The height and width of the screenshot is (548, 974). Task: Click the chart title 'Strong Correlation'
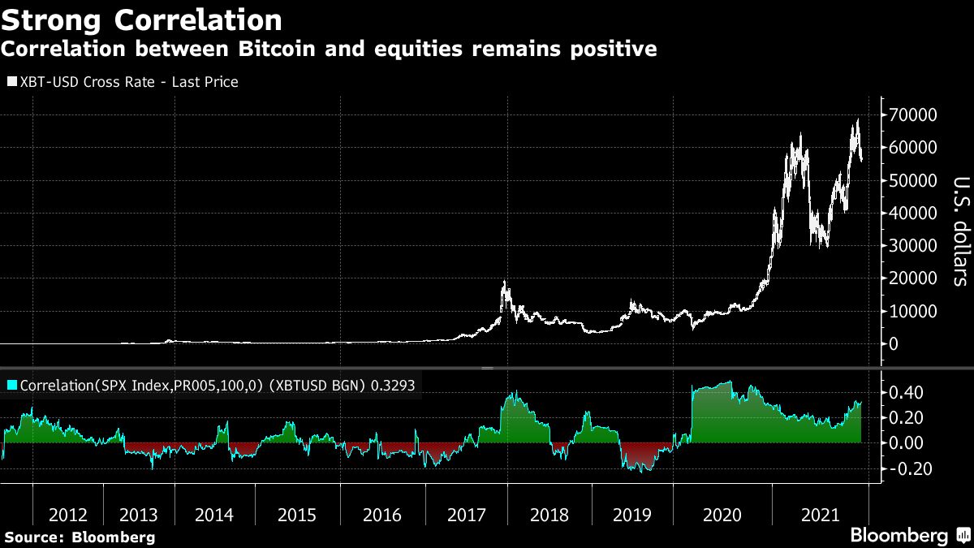pyautogui.click(x=142, y=19)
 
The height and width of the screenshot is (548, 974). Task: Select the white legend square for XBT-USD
pyautogui.click(x=11, y=82)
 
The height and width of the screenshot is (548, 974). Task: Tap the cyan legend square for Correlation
pyautogui.click(x=11, y=386)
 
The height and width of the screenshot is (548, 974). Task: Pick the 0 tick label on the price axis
pyautogui.click(x=893, y=343)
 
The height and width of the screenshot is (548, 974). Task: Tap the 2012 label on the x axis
pyautogui.click(x=68, y=515)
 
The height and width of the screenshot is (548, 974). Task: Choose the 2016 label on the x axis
pyautogui.click(x=382, y=515)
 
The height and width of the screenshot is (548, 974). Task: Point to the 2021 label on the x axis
pyautogui.click(x=820, y=515)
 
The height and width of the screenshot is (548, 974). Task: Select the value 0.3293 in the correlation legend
pyautogui.click(x=393, y=386)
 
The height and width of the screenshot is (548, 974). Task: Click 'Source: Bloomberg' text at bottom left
pyautogui.click(x=79, y=537)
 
